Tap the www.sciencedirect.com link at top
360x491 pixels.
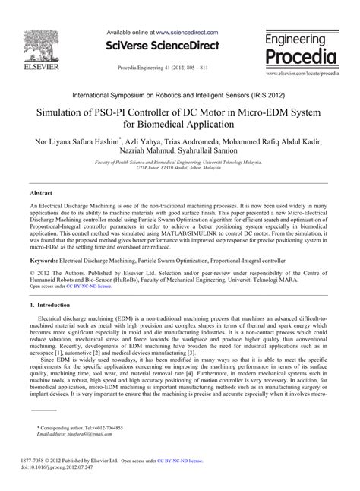point(188,33)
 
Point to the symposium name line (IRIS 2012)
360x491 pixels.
point(180,95)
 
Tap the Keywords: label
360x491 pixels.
point(45,261)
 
